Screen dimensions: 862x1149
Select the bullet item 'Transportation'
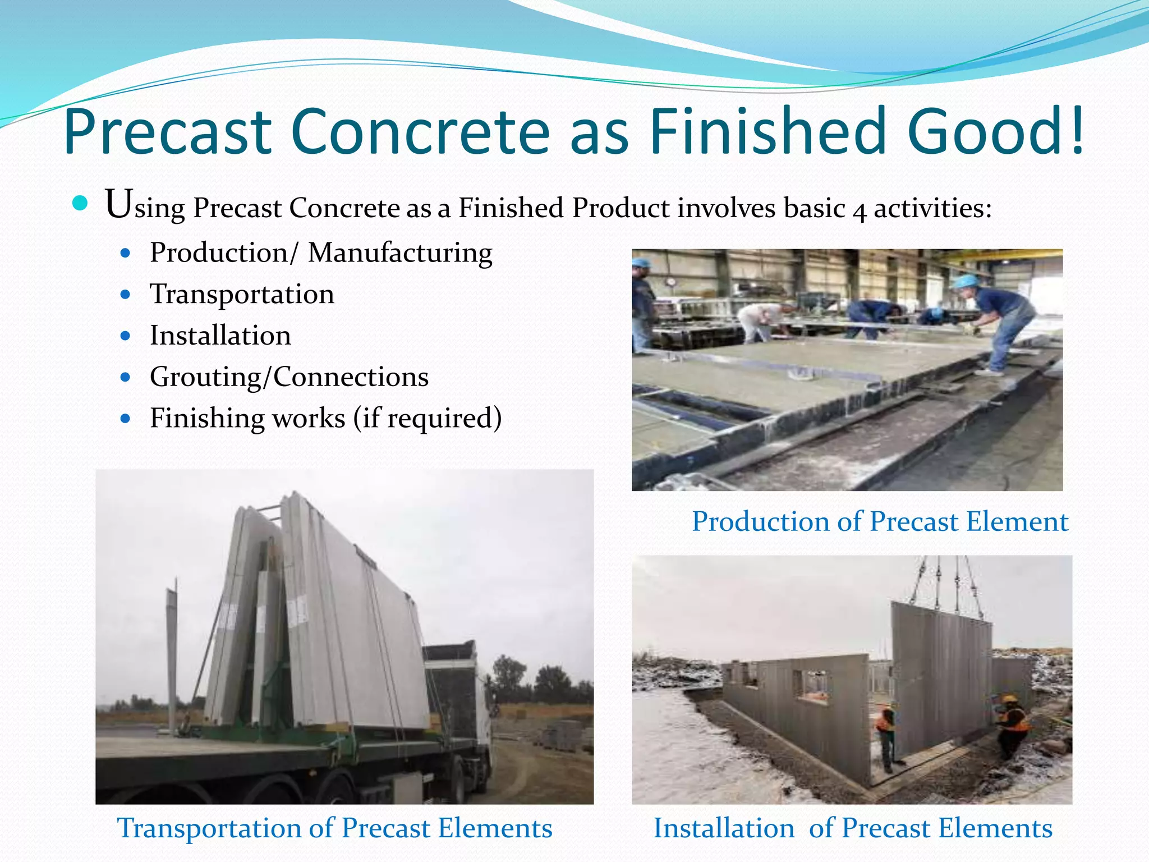(x=242, y=294)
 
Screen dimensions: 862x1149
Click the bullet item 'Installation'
(x=220, y=336)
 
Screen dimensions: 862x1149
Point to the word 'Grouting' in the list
(x=205, y=377)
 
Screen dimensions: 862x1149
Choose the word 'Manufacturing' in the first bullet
(x=400, y=253)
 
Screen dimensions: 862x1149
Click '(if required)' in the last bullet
(x=428, y=418)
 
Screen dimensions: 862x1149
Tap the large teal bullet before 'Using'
(x=80, y=203)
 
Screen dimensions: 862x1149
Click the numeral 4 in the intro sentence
(x=859, y=211)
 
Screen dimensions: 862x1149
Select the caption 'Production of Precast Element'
(x=880, y=521)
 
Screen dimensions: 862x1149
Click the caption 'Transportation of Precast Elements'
(x=334, y=828)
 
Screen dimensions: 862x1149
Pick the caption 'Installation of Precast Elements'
(x=853, y=828)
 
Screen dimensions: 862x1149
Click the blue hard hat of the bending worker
(x=966, y=281)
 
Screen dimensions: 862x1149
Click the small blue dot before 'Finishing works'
(x=126, y=419)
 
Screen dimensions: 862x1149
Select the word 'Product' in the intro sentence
(x=621, y=208)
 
